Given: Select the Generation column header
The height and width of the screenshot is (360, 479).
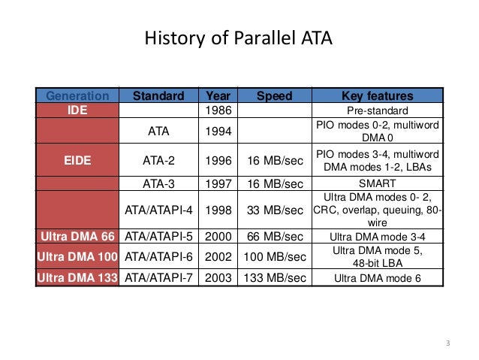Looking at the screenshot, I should (x=77, y=96).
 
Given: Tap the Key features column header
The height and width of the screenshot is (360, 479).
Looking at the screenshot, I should (x=377, y=96).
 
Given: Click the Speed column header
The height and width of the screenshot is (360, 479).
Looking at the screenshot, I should (x=274, y=96).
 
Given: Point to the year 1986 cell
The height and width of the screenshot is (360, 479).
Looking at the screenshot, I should (x=217, y=110).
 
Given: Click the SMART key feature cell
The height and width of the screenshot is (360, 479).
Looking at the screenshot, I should (x=377, y=183).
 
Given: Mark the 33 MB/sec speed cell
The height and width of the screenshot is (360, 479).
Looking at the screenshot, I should (x=274, y=210).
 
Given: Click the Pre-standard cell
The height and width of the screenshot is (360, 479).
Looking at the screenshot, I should (x=377, y=110).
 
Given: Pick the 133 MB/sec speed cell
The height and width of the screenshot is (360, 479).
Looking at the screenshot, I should (x=274, y=279).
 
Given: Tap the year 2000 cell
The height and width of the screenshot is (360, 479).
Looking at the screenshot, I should (x=217, y=236).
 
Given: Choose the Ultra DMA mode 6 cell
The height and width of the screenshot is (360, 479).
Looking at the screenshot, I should (x=377, y=279).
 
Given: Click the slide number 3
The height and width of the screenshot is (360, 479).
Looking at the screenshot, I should (x=447, y=344).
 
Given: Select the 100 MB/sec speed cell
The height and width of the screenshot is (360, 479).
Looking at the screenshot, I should (x=274, y=257).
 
